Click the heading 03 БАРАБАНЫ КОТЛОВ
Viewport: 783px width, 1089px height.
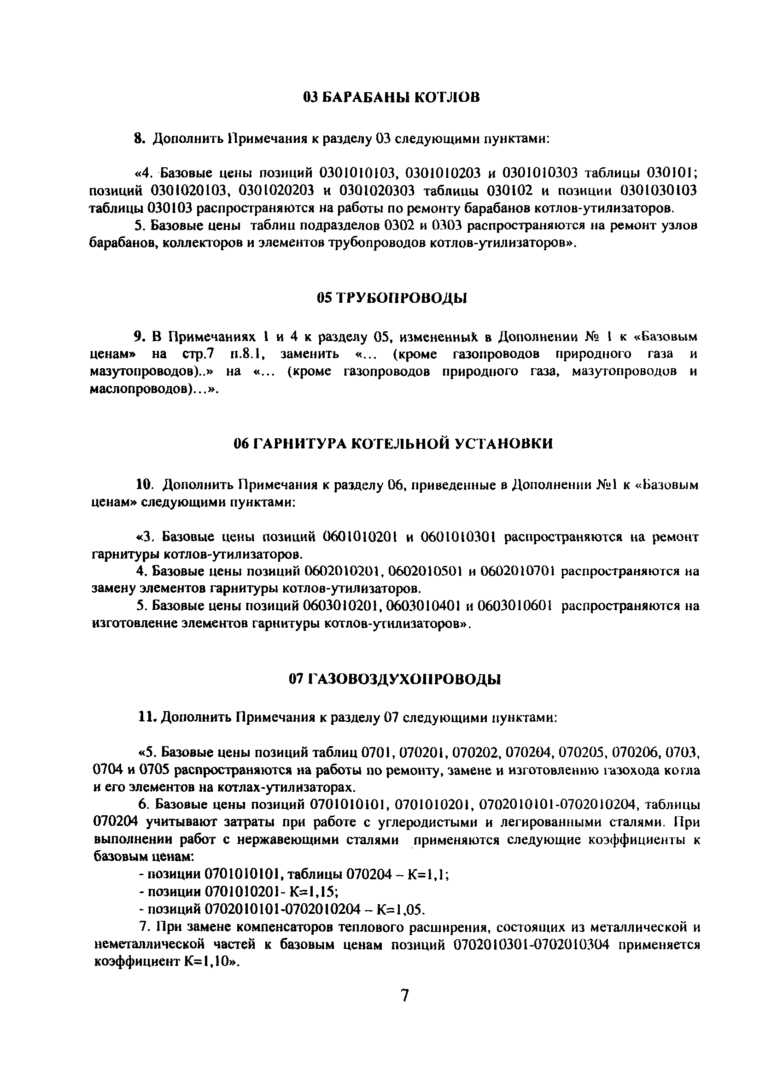pyautogui.click(x=391, y=98)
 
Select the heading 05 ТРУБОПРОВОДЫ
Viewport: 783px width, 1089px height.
pyautogui.click(x=391, y=298)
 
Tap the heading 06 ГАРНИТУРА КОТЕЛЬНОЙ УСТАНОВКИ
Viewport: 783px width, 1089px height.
pyautogui.click(x=393, y=443)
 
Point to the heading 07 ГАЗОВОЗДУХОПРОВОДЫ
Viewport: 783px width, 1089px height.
pyautogui.click(x=394, y=679)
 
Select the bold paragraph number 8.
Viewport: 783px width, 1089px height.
pyautogui.click(x=139, y=139)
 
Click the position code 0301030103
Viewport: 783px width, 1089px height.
pyautogui.click(x=658, y=191)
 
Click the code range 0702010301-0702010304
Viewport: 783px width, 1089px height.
pyautogui.click(x=531, y=944)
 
